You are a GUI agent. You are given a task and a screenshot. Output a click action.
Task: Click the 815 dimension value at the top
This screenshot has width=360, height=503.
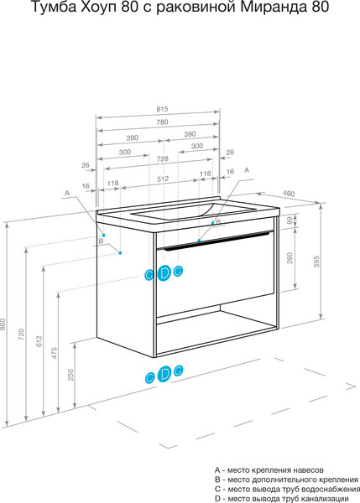click(x=162, y=109)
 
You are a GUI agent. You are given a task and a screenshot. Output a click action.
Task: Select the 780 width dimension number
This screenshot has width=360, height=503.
click(x=162, y=122)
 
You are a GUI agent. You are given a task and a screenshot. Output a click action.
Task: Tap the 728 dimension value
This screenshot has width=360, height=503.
click(x=163, y=158)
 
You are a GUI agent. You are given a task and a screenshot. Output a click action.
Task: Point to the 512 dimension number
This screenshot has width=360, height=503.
click(x=163, y=179)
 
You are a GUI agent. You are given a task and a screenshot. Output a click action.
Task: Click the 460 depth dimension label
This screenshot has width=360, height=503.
click(x=289, y=194)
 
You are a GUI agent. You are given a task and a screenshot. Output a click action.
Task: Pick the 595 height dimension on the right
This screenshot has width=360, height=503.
click(x=316, y=262)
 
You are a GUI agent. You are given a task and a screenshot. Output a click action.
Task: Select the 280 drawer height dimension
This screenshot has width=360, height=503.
click(x=290, y=258)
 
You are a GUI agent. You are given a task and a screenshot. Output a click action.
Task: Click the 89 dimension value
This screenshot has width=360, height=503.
click(x=290, y=220)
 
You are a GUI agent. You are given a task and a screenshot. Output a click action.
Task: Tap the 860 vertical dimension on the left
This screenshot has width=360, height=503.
click(x=3, y=324)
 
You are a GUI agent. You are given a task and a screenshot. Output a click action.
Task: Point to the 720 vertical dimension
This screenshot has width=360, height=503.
click(x=21, y=334)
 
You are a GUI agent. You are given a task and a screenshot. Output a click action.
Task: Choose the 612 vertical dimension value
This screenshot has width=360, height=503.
click(x=39, y=341)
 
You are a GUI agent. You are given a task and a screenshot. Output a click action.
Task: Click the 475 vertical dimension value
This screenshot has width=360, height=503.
click(x=55, y=353)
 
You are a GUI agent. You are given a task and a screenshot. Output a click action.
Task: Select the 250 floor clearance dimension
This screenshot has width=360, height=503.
click(x=70, y=375)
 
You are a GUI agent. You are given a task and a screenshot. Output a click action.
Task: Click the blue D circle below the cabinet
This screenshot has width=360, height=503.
click(x=164, y=374)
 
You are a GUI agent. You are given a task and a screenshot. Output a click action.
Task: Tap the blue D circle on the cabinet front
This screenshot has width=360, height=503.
click(x=164, y=273)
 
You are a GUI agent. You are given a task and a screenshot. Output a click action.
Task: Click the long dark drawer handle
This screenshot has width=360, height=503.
click(x=217, y=240)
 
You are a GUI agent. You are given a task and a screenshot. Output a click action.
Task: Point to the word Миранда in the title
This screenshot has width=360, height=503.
click(x=274, y=7)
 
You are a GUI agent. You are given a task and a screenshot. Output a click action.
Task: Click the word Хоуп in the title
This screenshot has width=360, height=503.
click(x=99, y=8)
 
